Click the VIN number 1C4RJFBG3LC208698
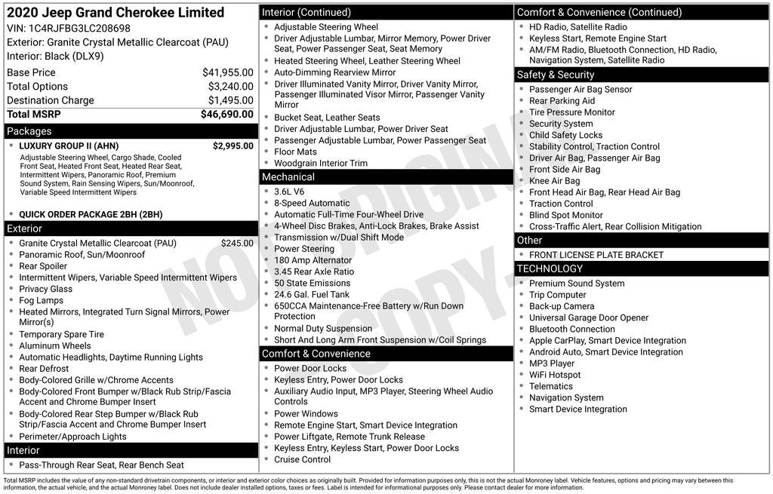[x=79, y=28]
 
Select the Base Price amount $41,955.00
[x=227, y=72]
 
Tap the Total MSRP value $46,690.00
[x=226, y=115]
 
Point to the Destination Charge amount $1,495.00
[x=230, y=100]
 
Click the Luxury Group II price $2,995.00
[x=233, y=146]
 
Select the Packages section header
[x=29, y=131]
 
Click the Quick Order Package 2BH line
[x=91, y=214]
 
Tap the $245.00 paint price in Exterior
[x=237, y=243]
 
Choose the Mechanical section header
[x=288, y=177]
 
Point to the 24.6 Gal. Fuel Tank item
[x=312, y=294]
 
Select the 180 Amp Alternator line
[x=313, y=260]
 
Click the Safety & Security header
[x=555, y=75]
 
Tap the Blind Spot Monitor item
[x=565, y=215]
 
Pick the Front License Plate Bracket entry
[x=596, y=255]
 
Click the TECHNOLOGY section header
[x=550, y=268]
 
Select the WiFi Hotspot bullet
[x=555, y=375]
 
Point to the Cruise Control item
[x=302, y=459]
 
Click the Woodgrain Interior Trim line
[x=321, y=163]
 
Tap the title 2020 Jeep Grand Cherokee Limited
[x=115, y=13]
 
